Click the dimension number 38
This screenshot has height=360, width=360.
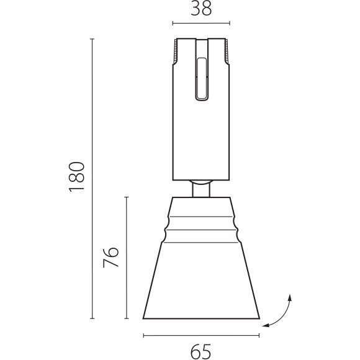(201, 9)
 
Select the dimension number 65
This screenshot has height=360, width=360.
(200, 352)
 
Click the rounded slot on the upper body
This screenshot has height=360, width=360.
(202, 78)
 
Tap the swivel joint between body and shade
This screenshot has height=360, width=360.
(202, 188)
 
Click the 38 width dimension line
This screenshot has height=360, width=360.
(201, 24)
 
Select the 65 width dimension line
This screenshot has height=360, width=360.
(201, 336)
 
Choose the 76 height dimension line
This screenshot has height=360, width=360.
(127, 258)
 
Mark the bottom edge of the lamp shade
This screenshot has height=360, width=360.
(201, 318)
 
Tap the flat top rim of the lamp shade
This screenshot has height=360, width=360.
(201, 197)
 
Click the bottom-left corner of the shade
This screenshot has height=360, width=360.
(143, 318)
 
